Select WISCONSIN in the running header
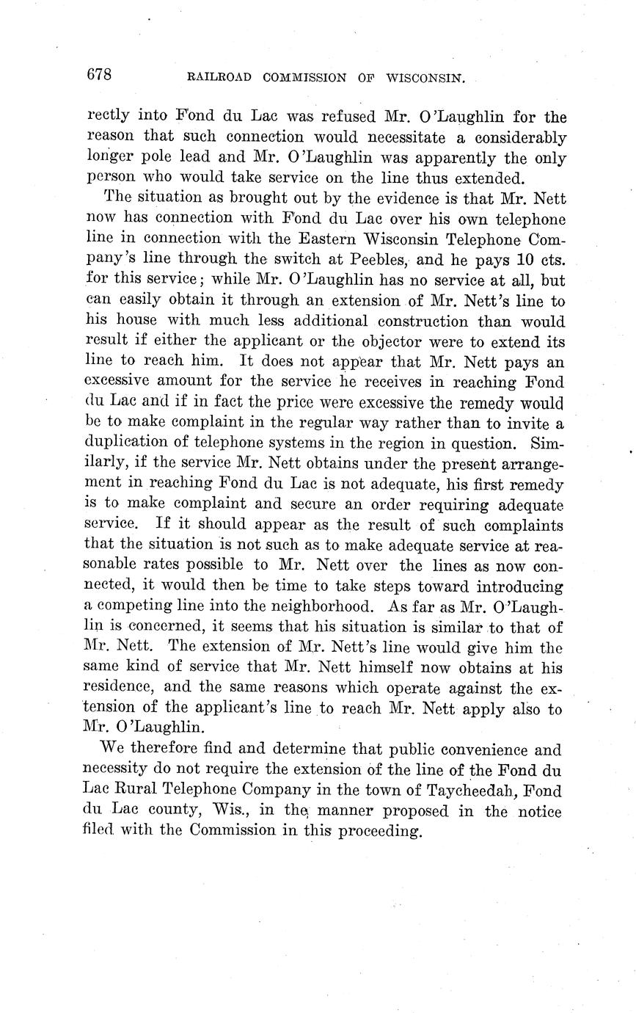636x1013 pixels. coord(424,76)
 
